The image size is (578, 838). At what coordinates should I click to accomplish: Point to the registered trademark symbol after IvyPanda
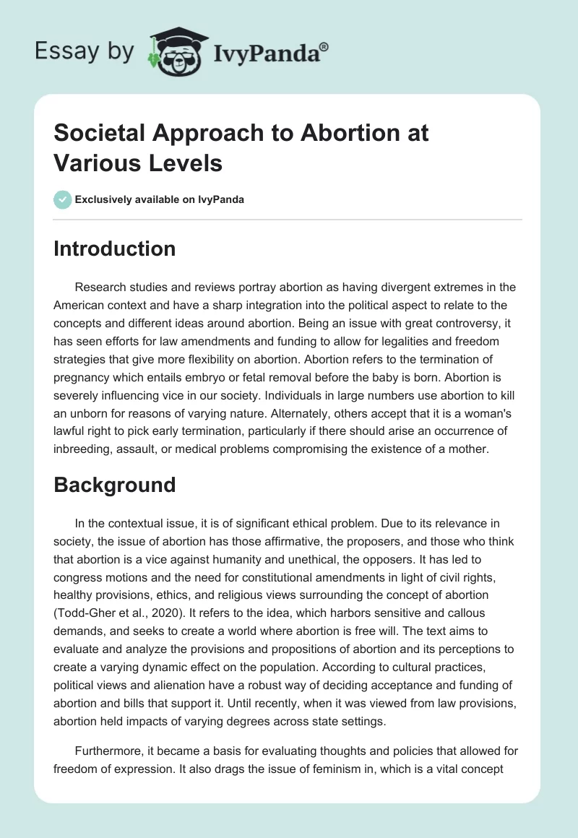click(324, 46)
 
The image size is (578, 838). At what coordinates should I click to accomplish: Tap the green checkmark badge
click(63, 199)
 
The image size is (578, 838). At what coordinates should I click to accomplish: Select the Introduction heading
click(114, 249)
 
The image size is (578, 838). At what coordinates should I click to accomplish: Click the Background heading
click(114, 484)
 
